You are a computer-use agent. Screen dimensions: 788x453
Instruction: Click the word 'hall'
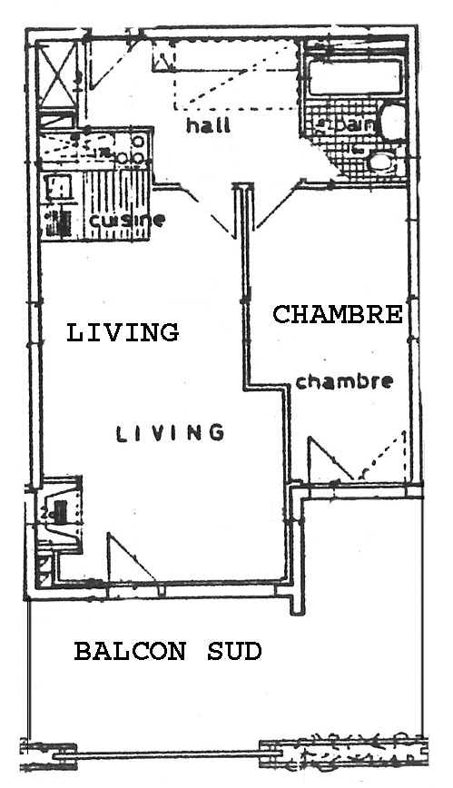207,124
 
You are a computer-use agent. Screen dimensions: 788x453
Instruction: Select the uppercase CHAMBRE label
338,314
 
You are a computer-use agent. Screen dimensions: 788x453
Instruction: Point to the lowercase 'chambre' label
344,381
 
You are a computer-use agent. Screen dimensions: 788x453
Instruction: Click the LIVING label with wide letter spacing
170,433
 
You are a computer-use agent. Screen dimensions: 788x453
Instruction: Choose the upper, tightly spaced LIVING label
123,332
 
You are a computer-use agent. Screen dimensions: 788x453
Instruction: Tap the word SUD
234,651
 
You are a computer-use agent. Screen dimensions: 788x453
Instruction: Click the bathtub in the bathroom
352,77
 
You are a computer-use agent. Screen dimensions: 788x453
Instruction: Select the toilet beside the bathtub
392,122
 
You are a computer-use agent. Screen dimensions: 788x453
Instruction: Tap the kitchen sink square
57,187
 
